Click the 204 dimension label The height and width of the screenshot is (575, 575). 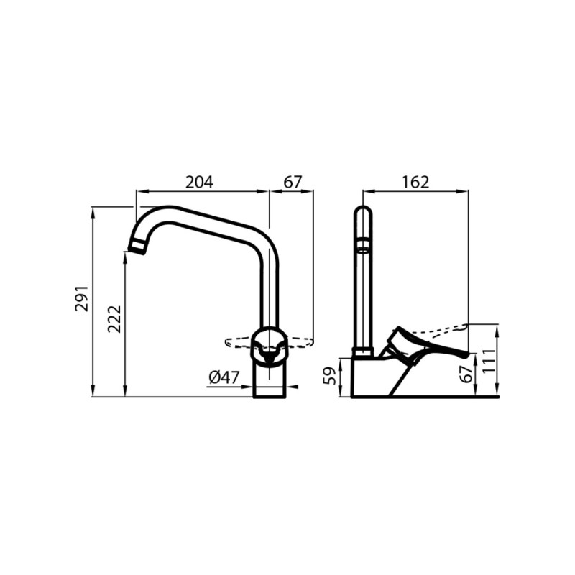click(199, 183)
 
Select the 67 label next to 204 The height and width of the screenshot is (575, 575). click(293, 183)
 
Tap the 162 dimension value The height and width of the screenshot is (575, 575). click(415, 183)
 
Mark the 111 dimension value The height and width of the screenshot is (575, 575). click(489, 359)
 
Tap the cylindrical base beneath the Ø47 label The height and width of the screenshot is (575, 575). click(270, 381)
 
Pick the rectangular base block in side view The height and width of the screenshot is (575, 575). click(370, 377)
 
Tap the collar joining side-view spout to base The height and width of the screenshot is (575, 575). click(363, 352)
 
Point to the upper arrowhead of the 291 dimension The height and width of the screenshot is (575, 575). click(93, 210)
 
